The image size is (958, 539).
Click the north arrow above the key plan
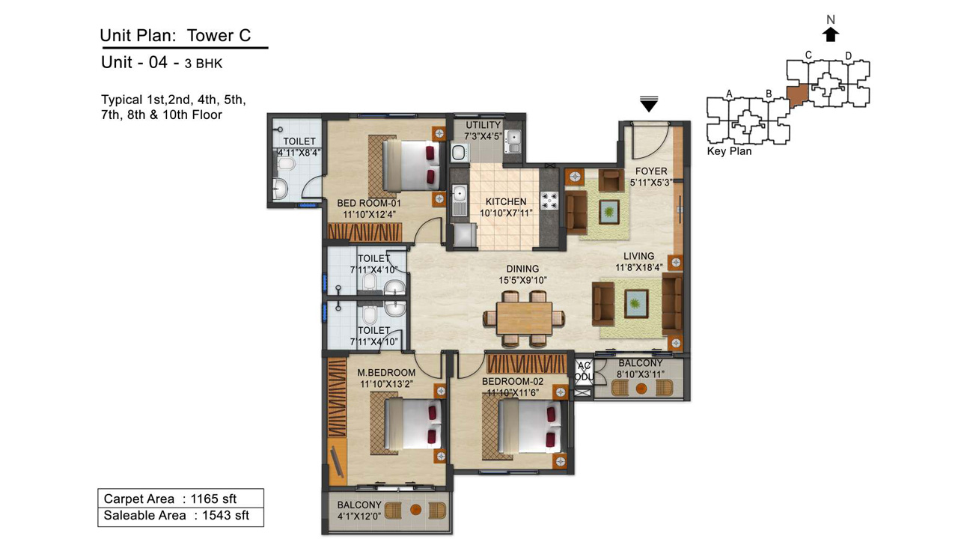(x=831, y=34)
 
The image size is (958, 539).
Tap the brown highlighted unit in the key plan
(x=798, y=95)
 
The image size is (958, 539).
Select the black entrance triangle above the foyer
(x=649, y=104)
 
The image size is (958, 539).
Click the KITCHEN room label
(x=506, y=201)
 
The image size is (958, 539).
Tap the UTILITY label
(x=483, y=125)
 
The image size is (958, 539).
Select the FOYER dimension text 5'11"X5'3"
(x=651, y=182)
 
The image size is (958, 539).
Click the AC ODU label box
(x=584, y=371)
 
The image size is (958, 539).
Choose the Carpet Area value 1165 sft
(x=213, y=499)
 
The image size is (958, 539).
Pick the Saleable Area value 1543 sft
(x=225, y=516)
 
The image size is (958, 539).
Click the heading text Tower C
(x=219, y=35)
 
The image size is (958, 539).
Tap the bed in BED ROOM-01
(x=412, y=165)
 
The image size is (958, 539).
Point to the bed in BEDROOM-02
(x=529, y=427)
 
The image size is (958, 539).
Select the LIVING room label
(x=638, y=256)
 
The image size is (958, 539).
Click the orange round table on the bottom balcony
(x=415, y=510)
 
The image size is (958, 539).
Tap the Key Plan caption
(x=729, y=151)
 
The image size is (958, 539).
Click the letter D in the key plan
(x=849, y=55)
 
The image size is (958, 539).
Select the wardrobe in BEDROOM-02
(x=527, y=364)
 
